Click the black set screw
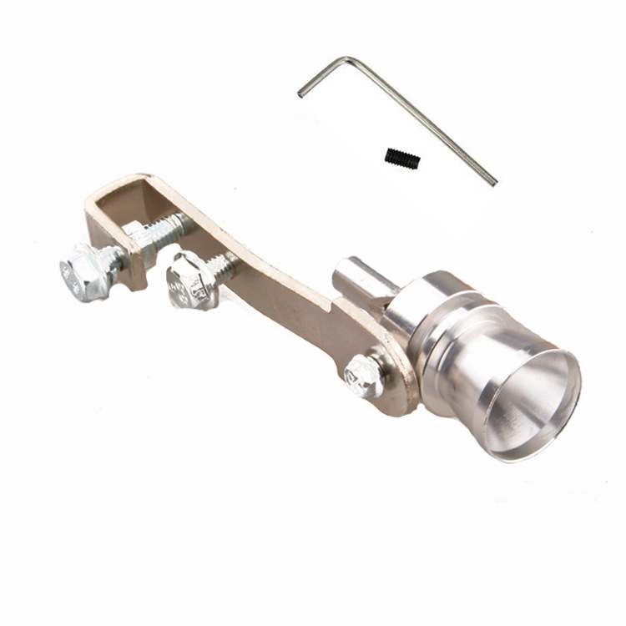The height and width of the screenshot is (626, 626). [402, 158]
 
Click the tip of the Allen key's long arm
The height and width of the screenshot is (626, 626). [493, 181]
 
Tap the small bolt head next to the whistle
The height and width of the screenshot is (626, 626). [364, 376]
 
